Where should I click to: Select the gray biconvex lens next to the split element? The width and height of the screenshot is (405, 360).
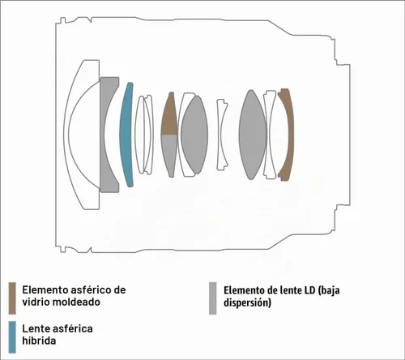coord(194,135)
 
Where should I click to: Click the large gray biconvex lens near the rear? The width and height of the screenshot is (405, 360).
coord(253,135)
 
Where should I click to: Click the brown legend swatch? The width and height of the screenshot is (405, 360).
coord(12,298)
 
